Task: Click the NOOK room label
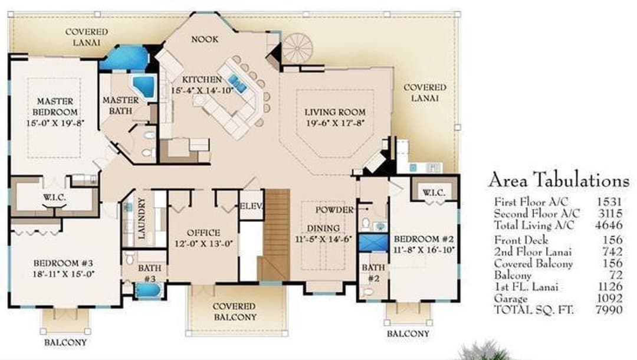coord(205,39)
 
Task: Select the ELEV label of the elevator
coord(251,206)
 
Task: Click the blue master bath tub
coord(145,86)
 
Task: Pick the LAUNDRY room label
coord(142,218)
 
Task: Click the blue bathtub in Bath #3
coord(148,290)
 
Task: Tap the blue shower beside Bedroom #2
coord(373,243)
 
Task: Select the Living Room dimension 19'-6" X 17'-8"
coord(336,123)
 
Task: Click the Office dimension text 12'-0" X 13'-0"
coord(203,244)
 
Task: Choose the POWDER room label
coord(334,210)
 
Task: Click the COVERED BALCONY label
coord(235,312)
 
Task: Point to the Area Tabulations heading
coord(559,180)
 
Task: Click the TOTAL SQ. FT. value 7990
coord(609,310)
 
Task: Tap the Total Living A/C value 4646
coord(609,225)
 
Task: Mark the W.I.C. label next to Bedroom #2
coord(434,192)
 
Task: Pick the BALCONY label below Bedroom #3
coord(65,342)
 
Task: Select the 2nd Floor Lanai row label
coord(533,252)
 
